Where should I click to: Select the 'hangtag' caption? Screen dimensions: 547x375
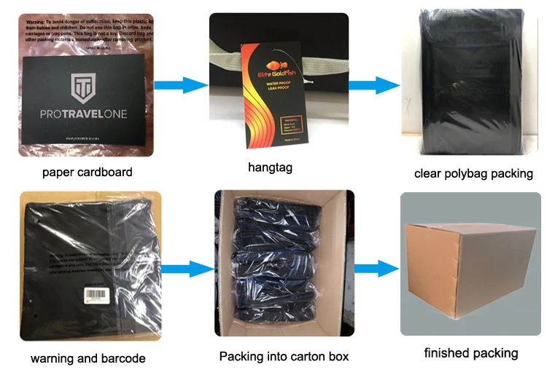click(x=270, y=167)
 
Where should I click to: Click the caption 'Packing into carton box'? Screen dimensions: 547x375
click(x=284, y=357)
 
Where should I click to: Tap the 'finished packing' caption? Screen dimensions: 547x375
click(x=471, y=353)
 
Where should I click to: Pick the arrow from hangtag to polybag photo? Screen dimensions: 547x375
click(x=373, y=84)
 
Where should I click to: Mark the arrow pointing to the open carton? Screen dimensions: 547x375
click(x=184, y=270)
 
